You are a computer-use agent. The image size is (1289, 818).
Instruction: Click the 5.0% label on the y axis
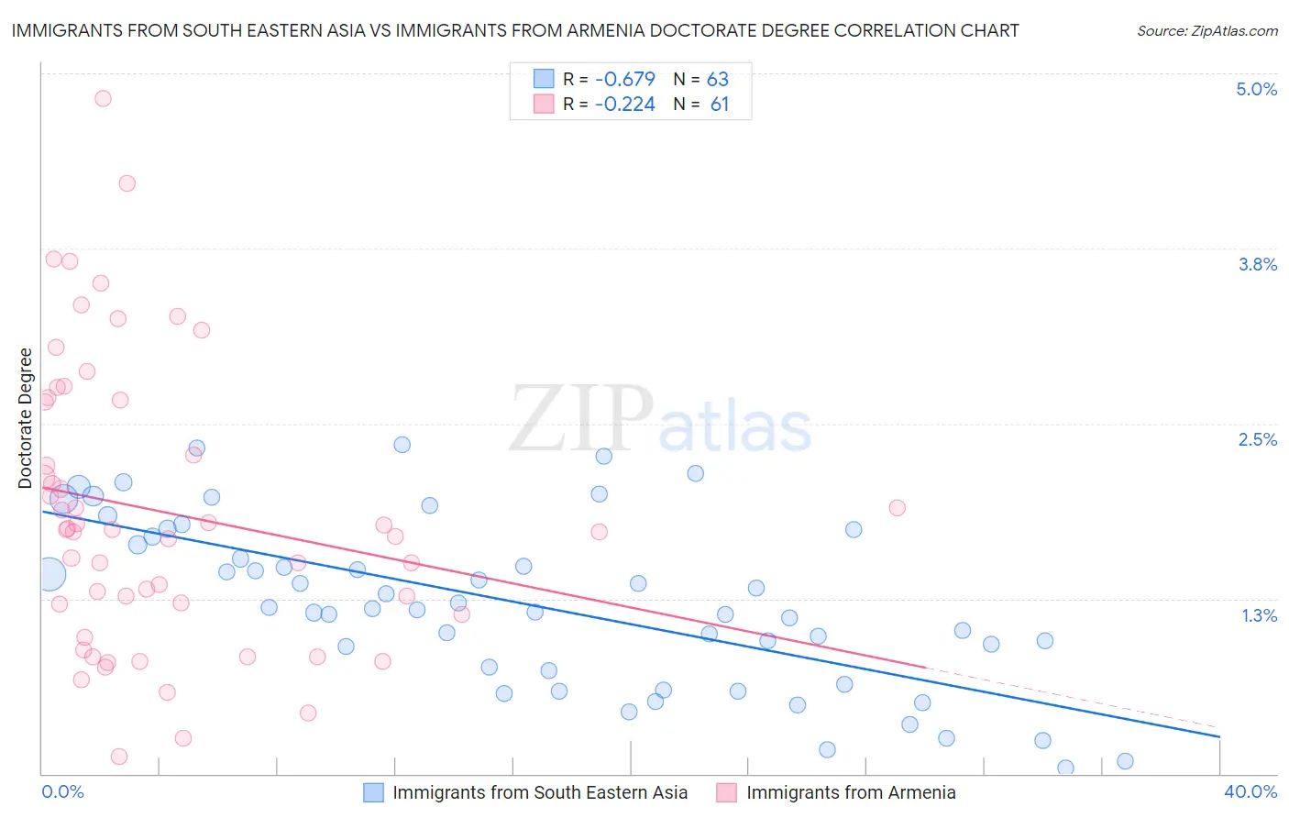pyautogui.click(x=1256, y=89)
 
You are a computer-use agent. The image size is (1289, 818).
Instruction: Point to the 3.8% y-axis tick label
pyautogui.click(x=1257, y=264)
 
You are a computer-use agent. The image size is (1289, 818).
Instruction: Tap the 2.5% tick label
pyautogui.click(x=1257, y=439)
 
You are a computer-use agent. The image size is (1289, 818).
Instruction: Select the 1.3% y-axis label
pyautogui.click(x=1259, y=615)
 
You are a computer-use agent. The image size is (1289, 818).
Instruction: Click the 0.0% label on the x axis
pyautogui.click(x=62, y=791)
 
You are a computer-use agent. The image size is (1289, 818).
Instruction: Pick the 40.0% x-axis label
pyautogui.click(x=1250, y=791)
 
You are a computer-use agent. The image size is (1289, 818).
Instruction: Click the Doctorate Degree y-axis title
pyautogui.click(x=26, y=418)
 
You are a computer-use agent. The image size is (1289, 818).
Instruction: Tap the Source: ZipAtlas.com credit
pyautogui.click(x=1206, y=31)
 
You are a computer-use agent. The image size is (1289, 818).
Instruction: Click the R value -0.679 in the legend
pyautogui.click(x=624, y=79)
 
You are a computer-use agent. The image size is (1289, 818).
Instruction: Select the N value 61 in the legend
pyautogui.click(x=719, y=105)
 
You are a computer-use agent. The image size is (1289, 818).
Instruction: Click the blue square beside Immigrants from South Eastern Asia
pyautogui.click(x=373, y=792)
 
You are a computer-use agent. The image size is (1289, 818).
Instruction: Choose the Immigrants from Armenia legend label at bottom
pyautogui.click(x=850, y=792)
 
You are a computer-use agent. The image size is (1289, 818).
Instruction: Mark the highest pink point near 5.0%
pyautogui.click(x=103, y=98)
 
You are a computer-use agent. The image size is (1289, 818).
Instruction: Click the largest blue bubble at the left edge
pyautogui.click(x=50, y=574)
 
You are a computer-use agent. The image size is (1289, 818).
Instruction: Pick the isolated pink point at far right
pyautogui.click(x=897, y=507)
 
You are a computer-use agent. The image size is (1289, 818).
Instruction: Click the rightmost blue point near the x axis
pyautogui.click(x=1125, y=761)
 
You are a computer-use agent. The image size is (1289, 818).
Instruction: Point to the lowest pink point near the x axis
pyautogui.click(x=118, y=757)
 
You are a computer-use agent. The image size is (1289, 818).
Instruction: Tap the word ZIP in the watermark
pyautogui.click(x=580, y=419)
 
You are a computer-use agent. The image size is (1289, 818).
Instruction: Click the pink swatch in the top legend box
pyautogui.click(x=544, y=105)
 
